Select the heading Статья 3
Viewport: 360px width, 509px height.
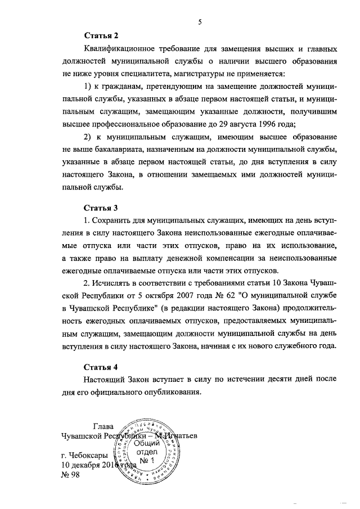(x=101, y=208)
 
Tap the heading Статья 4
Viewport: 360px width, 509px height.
(x=101, y=368)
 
